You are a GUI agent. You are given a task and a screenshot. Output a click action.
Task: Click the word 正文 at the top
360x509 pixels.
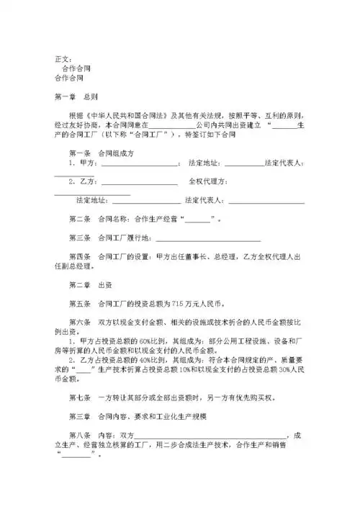(63, 58)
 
